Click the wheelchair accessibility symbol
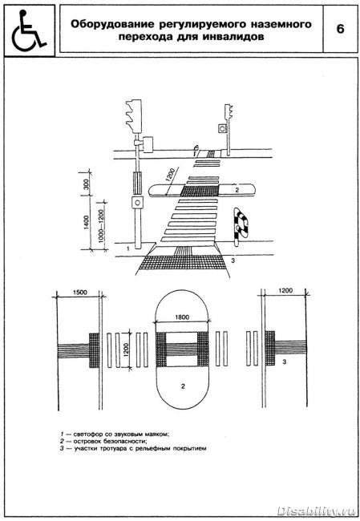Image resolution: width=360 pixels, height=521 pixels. (x=28, y=31)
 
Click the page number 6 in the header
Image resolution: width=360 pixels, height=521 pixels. (x=340, y=29)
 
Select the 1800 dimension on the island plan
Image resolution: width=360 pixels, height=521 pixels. (x=182, y=317)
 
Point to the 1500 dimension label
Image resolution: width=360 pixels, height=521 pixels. (x=79, y=293)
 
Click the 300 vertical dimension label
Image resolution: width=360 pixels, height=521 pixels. (x=86, y=184)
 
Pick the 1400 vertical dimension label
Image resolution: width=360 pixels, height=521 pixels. (x=86, y=223)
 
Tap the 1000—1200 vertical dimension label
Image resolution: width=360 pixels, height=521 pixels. (x=101, y=221)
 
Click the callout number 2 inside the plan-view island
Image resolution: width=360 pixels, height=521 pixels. (x=183, y=386)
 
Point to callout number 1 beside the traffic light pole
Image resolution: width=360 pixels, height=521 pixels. (x=128, y=248)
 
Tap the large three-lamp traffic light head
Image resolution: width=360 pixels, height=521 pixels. (x=134, y=116)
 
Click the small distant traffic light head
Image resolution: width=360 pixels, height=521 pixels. (x=229, y=112)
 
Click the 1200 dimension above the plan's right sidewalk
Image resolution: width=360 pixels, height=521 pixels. (x=285, y=290)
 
